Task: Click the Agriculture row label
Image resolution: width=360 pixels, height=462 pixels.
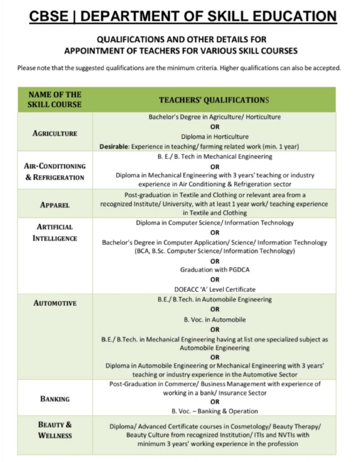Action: tap(54, 133)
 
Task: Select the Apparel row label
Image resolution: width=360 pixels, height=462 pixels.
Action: tap(54, 205)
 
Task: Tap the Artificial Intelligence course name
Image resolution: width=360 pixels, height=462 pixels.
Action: tap(54, 232)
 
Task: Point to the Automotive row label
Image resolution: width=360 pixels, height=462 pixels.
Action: tap(54, 303)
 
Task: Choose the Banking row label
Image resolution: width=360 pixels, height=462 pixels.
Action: tap(54, 399)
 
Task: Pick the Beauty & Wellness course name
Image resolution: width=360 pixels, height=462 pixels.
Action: tap(54, 430)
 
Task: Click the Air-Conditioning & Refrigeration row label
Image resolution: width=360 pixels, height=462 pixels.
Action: tap(54, 171)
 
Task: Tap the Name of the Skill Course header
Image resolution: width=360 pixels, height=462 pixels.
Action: tap(54, 99)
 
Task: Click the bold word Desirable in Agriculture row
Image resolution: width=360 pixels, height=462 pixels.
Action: tap(114, 146)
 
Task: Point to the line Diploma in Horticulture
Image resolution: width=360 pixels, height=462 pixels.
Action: tap(214, 137)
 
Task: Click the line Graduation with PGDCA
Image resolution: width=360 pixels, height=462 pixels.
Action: tap(214, 270)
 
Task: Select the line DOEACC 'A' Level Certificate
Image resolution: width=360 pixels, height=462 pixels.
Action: tap(214, 289)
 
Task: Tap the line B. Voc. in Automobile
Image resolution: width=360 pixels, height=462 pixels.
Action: tap(214, 319)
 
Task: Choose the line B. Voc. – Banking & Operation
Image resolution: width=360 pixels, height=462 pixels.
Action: tap(214, 411)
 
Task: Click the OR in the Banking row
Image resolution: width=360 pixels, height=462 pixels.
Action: tap(214, 402)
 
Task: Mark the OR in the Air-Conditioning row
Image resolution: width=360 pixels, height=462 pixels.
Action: tap(214, 166)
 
